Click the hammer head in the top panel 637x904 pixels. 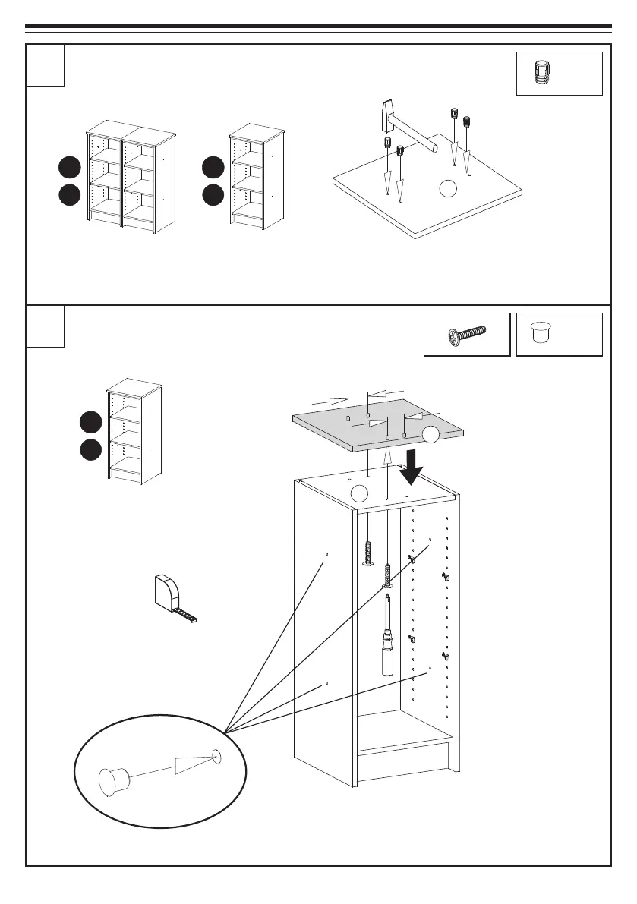tap(385, 113)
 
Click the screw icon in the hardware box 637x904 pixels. tap(467, 334)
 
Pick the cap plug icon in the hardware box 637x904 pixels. tap(540, 332)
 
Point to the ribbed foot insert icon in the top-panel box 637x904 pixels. tap(541, 74)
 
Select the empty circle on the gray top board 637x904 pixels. tap(431, 434)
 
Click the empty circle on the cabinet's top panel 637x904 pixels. tap(358, 494)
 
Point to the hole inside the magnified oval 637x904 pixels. tap(217, 755)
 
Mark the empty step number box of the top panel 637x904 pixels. tap(46, 65)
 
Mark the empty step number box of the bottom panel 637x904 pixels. tap(46, 326)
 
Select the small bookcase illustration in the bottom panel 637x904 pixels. tap(134, 432)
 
